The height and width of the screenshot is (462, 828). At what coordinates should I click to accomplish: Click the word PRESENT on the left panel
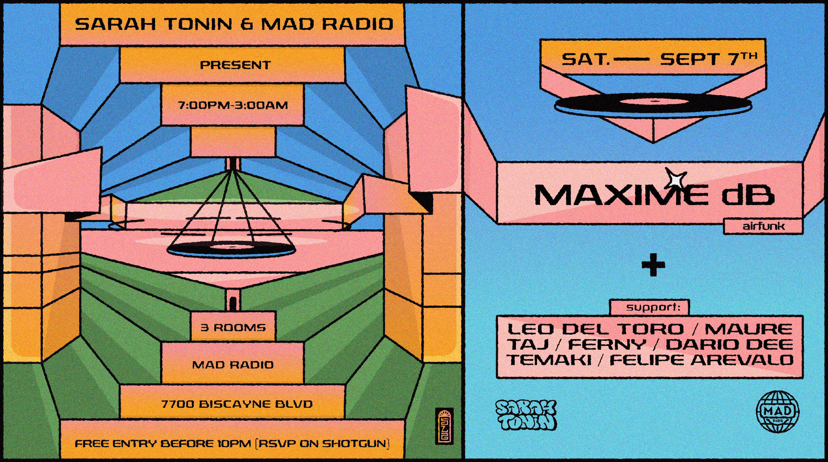pos(235,65)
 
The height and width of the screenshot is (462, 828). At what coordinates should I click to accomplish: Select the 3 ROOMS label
pos(233,328)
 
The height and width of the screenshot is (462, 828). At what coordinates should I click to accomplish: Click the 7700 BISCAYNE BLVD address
pos(237,404)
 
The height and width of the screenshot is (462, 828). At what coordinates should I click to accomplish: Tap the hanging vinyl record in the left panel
pos(232,248)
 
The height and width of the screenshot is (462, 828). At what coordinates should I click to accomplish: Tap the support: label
pos(653,307)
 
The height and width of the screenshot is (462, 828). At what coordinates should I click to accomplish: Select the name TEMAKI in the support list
pos(549,360)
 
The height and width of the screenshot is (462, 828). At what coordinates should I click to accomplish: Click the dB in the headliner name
pos(748,195)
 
